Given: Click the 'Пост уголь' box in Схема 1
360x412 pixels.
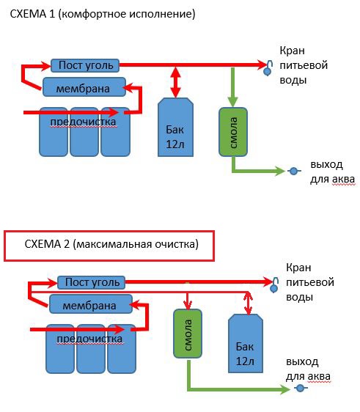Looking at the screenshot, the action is (x=85, y=65).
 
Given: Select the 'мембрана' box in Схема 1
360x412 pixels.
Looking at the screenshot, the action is (x=84, y=87).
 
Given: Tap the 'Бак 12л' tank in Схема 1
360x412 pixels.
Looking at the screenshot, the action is (x=175, y=127).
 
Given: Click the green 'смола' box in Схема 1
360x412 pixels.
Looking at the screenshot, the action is (x=233, y=132).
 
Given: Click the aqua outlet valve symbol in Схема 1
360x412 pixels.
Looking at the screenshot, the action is (x=294, y=172).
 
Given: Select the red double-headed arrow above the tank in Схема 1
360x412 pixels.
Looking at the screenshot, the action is (x=175, y=82).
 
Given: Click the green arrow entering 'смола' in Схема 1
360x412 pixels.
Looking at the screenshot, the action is (x=232, y=87).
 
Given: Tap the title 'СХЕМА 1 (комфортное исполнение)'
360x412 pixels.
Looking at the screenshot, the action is (x=103, y=14).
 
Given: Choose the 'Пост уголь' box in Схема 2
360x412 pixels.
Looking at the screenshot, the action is (x=92, y=282).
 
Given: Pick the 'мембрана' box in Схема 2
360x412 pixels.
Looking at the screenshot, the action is (x=91, y=304).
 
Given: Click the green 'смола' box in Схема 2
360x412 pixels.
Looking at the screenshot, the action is (x=188, y=334).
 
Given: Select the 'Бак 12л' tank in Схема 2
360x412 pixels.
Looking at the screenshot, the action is (x=246, y=343).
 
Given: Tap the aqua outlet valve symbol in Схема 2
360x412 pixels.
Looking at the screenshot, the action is (x=301, y=388).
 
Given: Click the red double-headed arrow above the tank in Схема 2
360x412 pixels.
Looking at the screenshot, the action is (x=248, y=304).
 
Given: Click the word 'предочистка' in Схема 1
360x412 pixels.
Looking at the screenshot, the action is (x=83, y=122).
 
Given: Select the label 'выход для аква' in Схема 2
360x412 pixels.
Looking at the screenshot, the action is (x=308, y=369).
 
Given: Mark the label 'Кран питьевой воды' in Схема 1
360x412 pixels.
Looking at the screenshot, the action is (x=304, y=65).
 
